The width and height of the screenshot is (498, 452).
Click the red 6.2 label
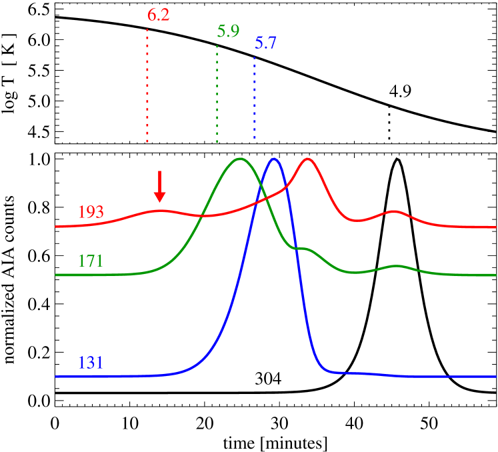pyautogui.click(x=158, y=15)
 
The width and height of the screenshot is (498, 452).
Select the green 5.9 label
pyautogui.click(x=228, y=31)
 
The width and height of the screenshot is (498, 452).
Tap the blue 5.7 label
pyautogui.click(x=265, y=44)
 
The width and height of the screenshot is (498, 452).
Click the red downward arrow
pyautogui.click(x=159, y=187)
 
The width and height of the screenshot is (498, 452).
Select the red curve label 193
pyautogui.click(x=91, y=212)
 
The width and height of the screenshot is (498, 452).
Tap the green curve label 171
pyautogui.click(x=91, y=260)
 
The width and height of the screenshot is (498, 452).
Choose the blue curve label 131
pyautogui.click(x=91, y=363)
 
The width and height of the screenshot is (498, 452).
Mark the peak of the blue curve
pyautogui.click(x=273, y=159)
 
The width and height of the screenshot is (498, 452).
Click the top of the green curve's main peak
pyautogui.click(x=240, y=159)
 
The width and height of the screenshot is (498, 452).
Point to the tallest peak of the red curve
pyautogui.click(x=307, y=159)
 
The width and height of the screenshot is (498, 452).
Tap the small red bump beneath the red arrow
pyautogui.click(x=159, y=210)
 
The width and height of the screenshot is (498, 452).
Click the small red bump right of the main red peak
pyautogui.click(x=395, y=211)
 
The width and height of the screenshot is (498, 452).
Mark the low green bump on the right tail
pyautogui.click(x=397, y=266)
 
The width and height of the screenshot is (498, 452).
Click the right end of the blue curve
pyautogui.click(x=495, y=377)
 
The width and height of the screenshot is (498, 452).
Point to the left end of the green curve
pyautogui.click(x=56, y=275)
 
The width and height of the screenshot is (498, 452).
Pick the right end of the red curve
pyautogui.click(x=495, y=227)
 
